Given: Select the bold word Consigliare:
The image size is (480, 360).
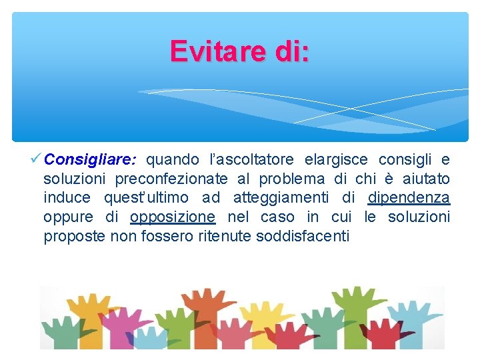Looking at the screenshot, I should [91, 160].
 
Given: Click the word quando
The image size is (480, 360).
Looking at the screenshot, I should [173, 160].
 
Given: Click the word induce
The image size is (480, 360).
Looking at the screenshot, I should [67, 198].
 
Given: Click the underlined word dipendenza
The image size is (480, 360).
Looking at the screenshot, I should [409, 198].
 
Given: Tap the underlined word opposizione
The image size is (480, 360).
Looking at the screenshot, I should [172, 217].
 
